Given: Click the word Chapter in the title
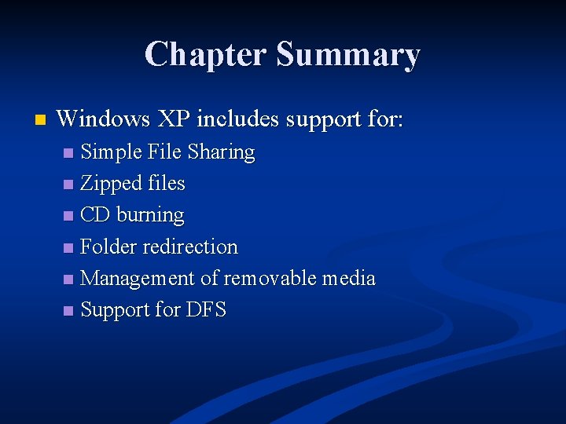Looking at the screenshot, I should point(206,54).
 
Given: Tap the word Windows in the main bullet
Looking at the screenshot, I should point(104,119).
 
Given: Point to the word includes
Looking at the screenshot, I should point(238,119).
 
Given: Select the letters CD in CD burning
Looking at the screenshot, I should point(95,215).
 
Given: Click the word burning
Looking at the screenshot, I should point(150,215).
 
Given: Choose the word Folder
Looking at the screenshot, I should point(108,247).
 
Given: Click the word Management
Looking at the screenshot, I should point(138,278).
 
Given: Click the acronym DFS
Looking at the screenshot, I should point(207,309).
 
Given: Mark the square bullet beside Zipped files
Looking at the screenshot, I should point(69,185).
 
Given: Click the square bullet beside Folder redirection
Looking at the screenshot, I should point(69,247).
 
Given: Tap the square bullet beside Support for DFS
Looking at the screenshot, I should point(69,310).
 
